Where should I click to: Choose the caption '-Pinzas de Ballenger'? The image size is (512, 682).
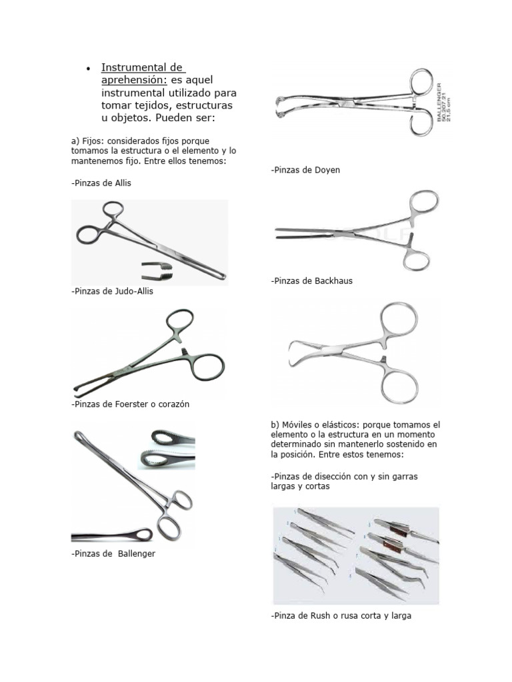click(113, 553)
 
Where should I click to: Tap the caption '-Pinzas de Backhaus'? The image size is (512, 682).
click(312, 281)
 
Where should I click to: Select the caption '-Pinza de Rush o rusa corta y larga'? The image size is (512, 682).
click(341, 616)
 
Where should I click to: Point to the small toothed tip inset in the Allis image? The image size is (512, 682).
click(158, 270)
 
